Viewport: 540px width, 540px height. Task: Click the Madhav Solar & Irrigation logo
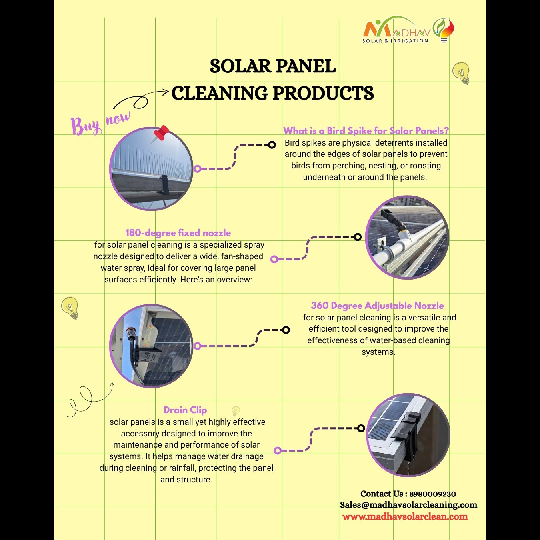point(408,30)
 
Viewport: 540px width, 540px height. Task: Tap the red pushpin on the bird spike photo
point(161,133)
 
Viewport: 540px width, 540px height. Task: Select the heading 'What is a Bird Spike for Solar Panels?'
point(366,131)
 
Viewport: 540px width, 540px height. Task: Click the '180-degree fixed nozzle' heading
point(178,233)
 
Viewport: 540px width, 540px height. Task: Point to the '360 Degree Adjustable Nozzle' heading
point(377,306)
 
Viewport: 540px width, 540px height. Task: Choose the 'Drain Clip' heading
point(185,410)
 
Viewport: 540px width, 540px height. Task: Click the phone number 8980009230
point(432,494)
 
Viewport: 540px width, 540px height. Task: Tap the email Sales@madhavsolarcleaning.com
point(408,505)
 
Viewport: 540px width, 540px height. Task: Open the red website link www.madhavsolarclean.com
point(405,516)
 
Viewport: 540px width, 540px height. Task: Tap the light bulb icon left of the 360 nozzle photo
point(70,308)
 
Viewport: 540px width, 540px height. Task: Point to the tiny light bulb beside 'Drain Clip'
point(236,411)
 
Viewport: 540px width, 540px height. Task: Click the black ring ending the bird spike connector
point(272,145)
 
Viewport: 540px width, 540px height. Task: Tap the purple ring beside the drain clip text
point(278,451)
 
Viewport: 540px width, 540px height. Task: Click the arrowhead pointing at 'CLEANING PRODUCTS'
point(166,92)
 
